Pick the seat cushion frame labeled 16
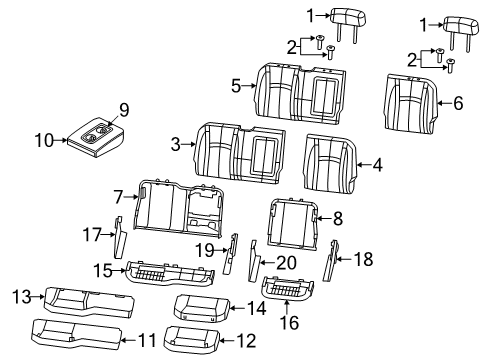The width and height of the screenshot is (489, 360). coord(290,290)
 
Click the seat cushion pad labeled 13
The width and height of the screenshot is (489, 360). coord(85,298)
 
